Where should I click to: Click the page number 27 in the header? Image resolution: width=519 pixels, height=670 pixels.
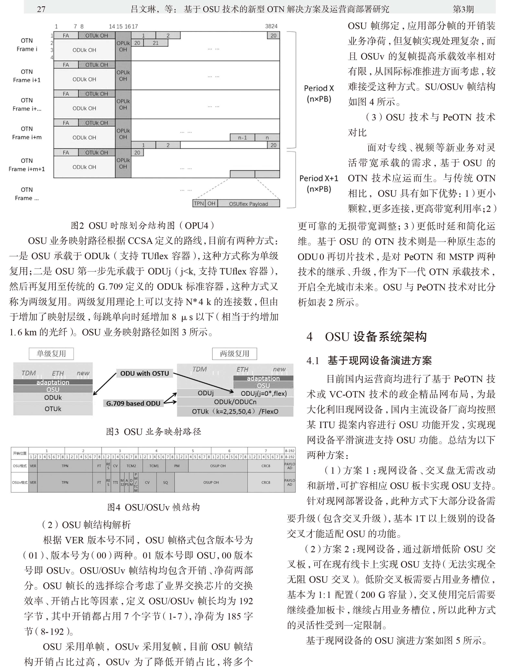[x=41, y=9]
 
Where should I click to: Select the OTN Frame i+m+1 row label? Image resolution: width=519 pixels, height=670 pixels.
[x=27, y=165]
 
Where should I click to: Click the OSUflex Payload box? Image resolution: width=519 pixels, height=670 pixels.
[x=248, y=204]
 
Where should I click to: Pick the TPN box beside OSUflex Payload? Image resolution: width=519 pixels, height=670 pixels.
[x=199, y=203]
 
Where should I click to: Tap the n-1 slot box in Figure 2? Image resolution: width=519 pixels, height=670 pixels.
[x=242, y=138]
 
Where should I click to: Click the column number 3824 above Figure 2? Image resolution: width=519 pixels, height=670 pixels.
[x=271, y=26]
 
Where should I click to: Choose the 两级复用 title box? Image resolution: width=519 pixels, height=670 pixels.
[x=234, y=353]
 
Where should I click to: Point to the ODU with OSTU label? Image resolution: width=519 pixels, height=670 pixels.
[x=144, y=373]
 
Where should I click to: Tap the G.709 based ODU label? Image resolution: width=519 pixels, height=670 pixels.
[x=133, y=403]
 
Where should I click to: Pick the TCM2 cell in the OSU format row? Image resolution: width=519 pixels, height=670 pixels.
[x=131, y=466]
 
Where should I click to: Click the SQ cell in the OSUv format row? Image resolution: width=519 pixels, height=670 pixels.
[x=165, y=482]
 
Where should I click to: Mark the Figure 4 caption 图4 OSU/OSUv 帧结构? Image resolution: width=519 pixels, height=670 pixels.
[x=153, y=507]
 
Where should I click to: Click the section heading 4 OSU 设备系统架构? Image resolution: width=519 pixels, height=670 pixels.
[x=366, y=337]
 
